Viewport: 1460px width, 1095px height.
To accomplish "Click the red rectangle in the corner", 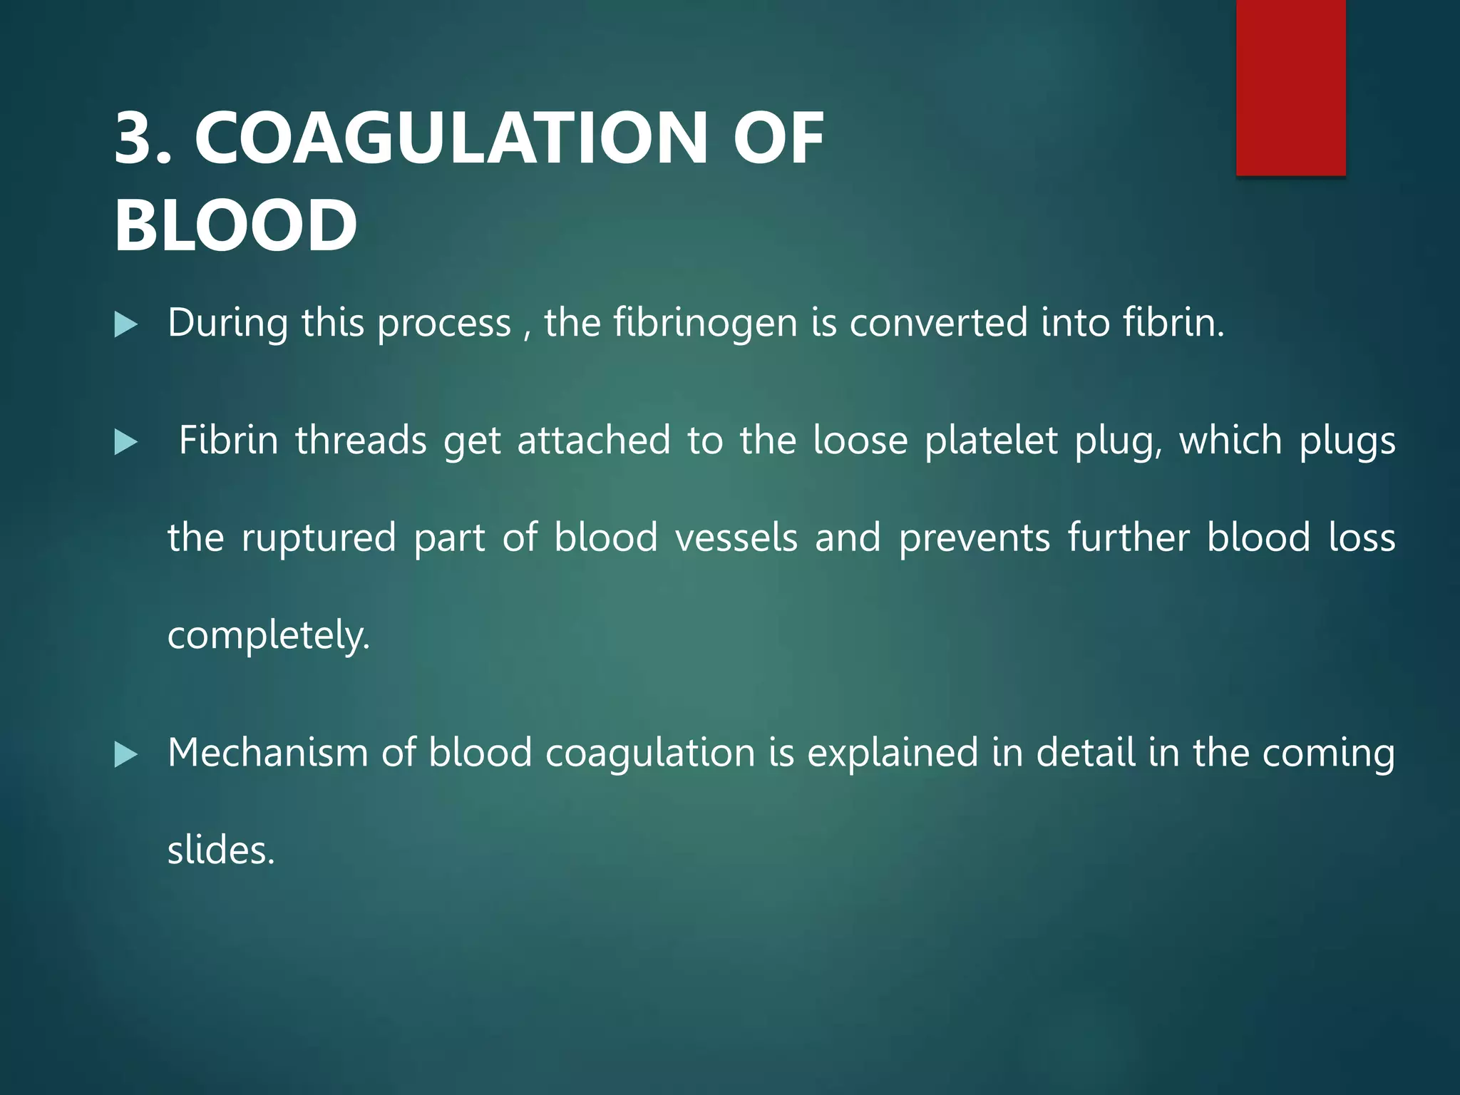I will tap(1290, 87).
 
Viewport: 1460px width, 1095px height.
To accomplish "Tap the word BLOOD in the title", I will tap(235, 225).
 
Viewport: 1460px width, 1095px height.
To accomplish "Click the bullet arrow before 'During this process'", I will tap(126, 325).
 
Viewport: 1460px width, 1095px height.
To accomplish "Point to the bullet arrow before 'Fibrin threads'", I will tap(126, 442).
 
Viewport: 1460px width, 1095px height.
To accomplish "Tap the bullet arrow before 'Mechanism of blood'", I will tap(126, 754).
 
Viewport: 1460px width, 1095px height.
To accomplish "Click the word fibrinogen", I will tap(705, 324).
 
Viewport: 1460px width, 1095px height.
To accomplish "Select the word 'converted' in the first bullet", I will tap(938, 322).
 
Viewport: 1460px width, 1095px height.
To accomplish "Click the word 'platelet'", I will tap(991, 441).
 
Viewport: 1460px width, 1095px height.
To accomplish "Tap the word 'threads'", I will tap(361, 441).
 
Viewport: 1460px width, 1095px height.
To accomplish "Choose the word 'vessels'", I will tap(736, 538).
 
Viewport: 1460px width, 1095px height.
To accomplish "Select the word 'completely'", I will tap(268, 636).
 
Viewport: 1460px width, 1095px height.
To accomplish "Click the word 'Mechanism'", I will tap(267, 753).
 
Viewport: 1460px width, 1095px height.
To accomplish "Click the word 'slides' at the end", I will tap(220, 850).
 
